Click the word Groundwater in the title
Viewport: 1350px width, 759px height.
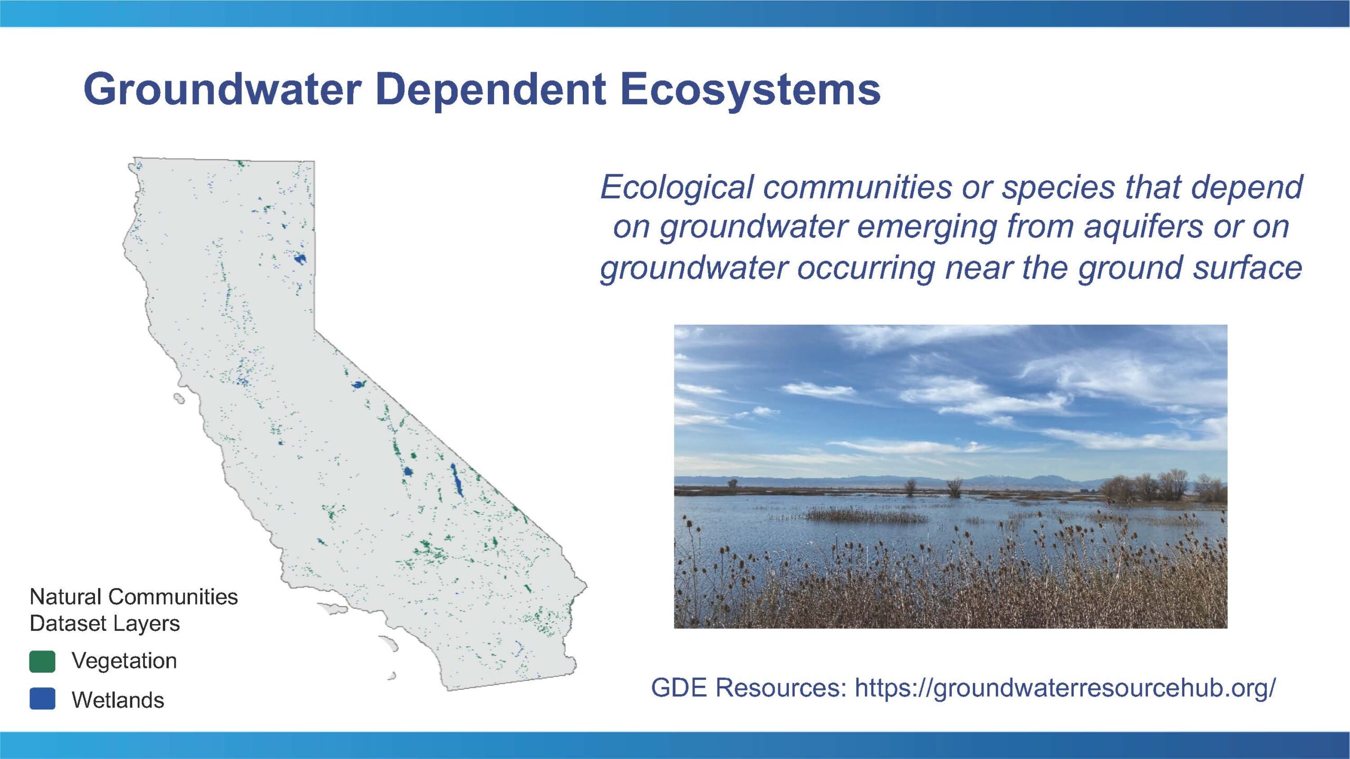coord(223,89)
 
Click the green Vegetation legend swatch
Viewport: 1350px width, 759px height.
coord(42,661)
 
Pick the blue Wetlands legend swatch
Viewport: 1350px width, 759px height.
coord(42,698)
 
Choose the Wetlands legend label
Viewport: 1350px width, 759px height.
coord(118,700)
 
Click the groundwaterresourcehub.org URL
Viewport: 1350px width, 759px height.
coord(1065,688)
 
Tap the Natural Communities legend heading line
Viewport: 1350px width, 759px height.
coord(134,597)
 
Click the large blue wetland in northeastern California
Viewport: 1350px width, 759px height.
coord(300,259)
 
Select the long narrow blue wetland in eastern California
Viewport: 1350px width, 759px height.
coord(457,480)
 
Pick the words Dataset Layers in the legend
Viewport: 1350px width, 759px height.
coord(105,624)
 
